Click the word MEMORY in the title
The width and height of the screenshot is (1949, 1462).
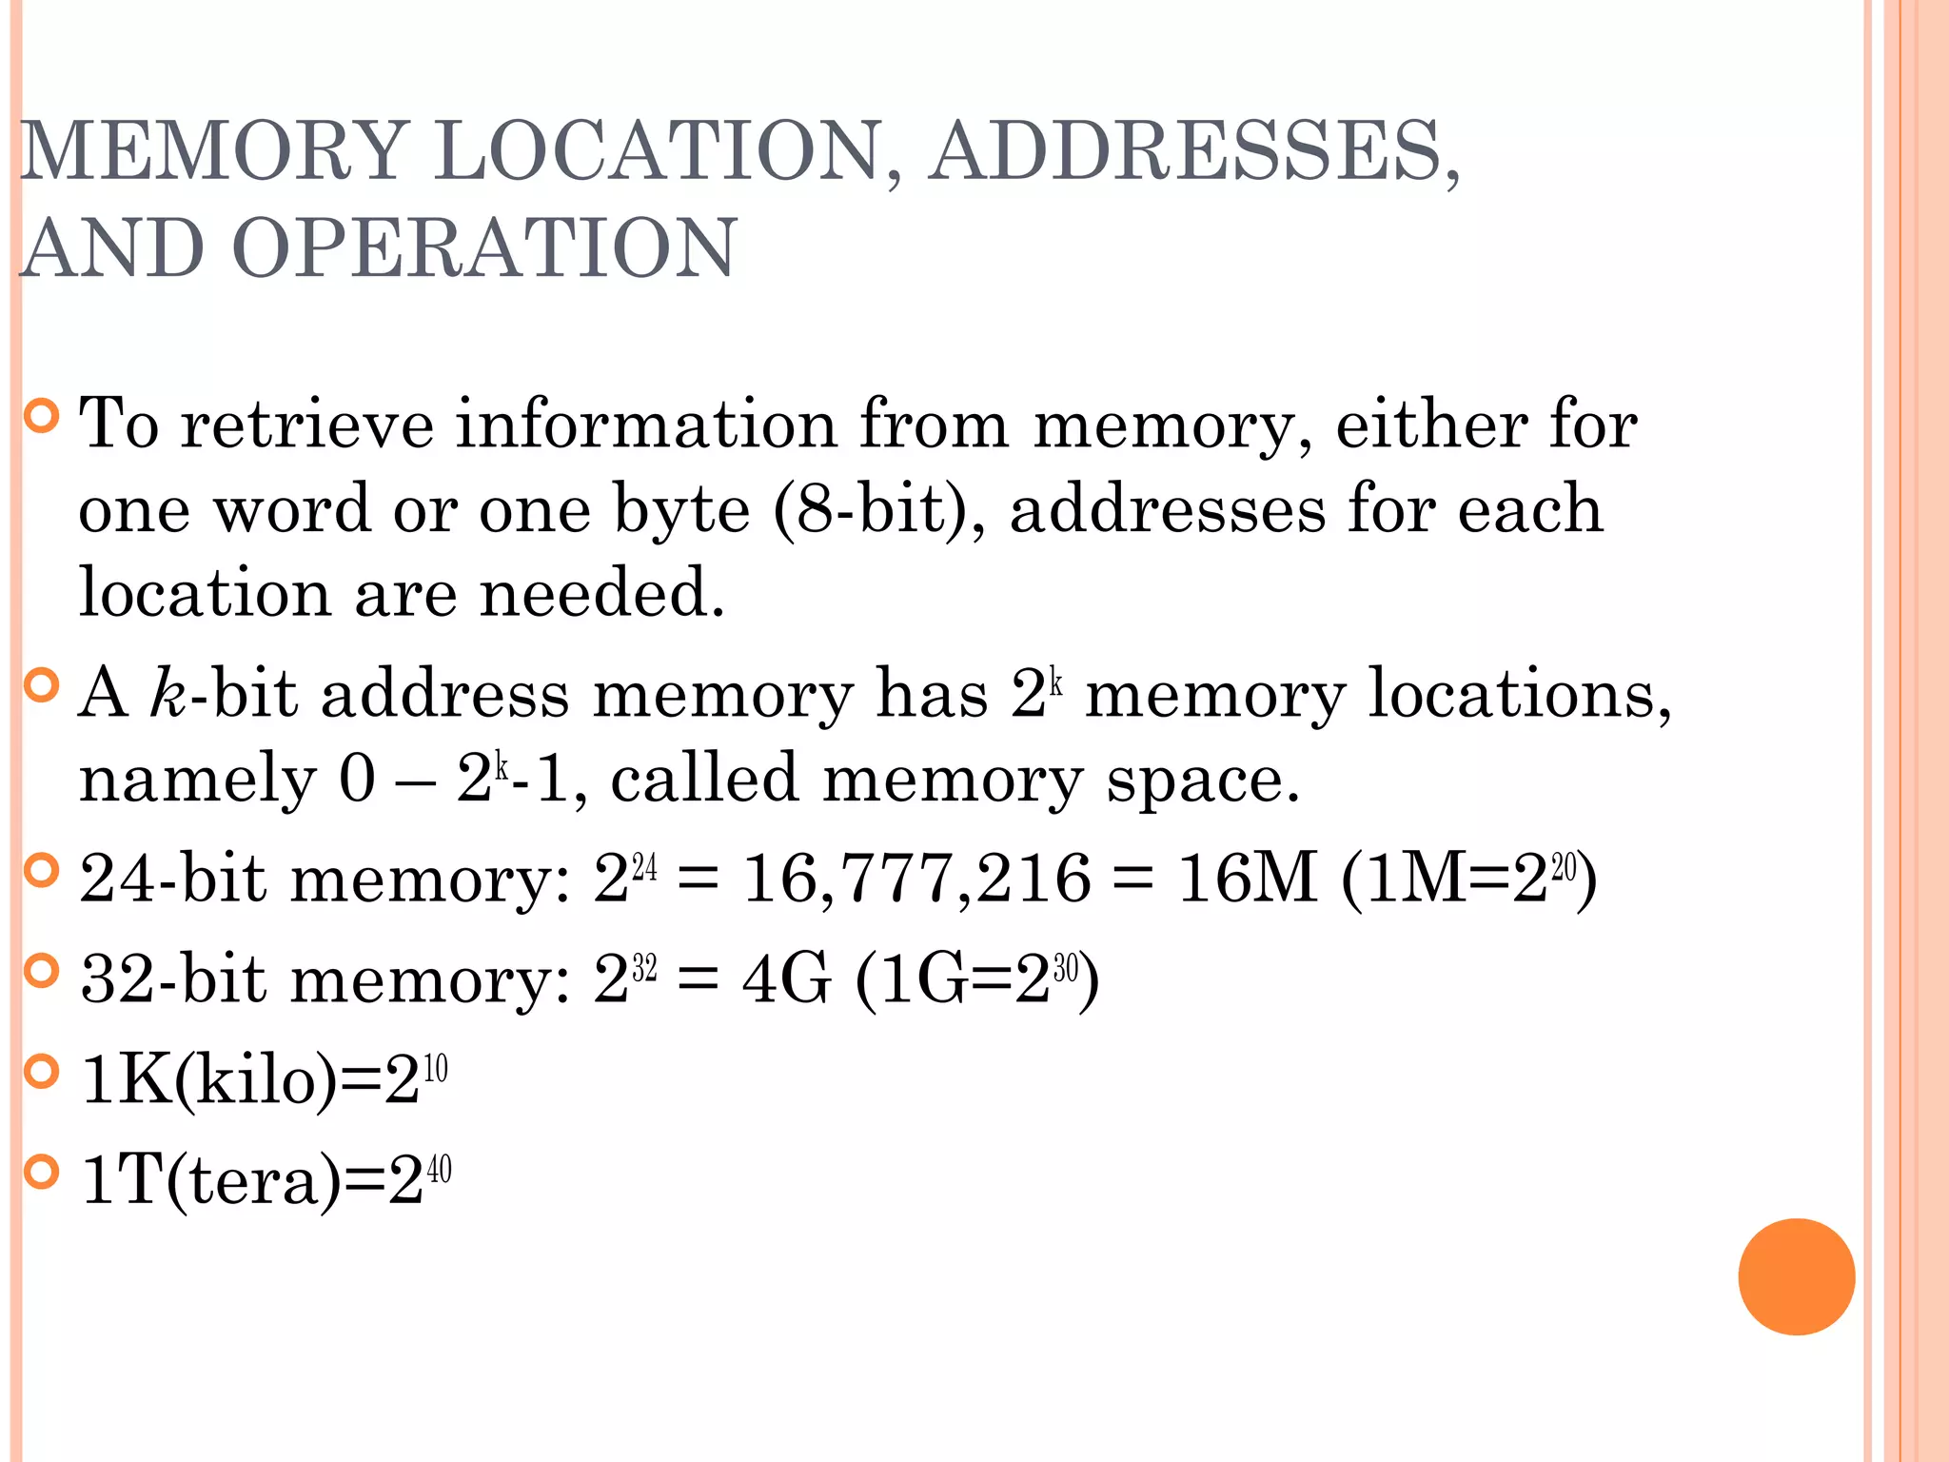point(215,150)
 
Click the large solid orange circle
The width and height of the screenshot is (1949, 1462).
point(1796,1276)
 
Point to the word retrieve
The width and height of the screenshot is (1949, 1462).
point(306,424)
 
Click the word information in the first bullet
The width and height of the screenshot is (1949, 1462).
point(646,424)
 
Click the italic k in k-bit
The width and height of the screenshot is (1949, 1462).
point(167,692)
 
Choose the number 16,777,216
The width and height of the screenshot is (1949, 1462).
point(915,878)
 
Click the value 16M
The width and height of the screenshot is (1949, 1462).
point(1247,878)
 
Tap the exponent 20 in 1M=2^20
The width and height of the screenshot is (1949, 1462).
point(1564,867)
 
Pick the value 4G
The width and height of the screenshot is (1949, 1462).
point(786,978)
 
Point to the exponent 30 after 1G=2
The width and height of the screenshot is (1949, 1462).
point(1065,969)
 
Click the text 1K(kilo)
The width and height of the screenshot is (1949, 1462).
point(209,1080)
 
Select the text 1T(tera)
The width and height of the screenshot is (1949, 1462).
point(210,1180)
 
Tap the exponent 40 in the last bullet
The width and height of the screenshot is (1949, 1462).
point(439,1170)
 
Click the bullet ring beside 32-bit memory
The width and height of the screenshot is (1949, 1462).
point(41,971)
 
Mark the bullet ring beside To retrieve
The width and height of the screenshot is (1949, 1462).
point(41,416)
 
